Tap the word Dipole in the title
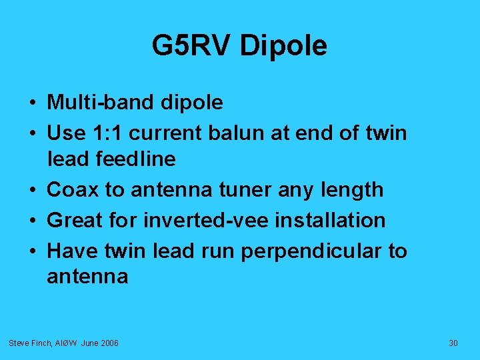[x=283, y=46]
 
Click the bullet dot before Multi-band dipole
[x=32, y=103]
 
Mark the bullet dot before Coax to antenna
[x=32, y=190]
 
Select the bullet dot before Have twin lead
[x=32, y=251]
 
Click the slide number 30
[x=453, y=343]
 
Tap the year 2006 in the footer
[x=108, y=343]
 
